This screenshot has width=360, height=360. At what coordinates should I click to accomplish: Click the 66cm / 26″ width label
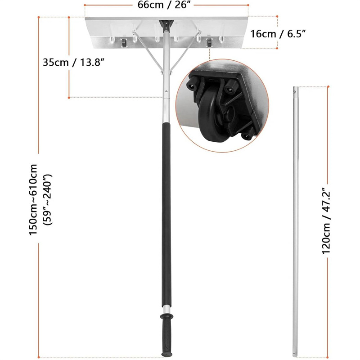pyautogui.click(x=164, y=4)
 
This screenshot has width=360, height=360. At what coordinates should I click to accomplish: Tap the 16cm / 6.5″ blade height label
pyautogui.click(x=278, y=34)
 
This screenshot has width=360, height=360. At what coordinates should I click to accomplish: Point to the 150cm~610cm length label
pyautogui.click(x=33, y=199)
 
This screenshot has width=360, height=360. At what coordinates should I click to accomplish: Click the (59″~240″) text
pyautogui.click(x=48, y=199)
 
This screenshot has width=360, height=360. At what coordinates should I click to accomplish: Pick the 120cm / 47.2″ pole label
pyautogui.click(x=326, y=221)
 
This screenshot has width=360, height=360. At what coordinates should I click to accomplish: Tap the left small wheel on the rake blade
pyautogui.click(x=124, y=43)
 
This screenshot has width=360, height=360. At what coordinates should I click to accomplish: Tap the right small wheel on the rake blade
pyautogui.click(x=209, y=43)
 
